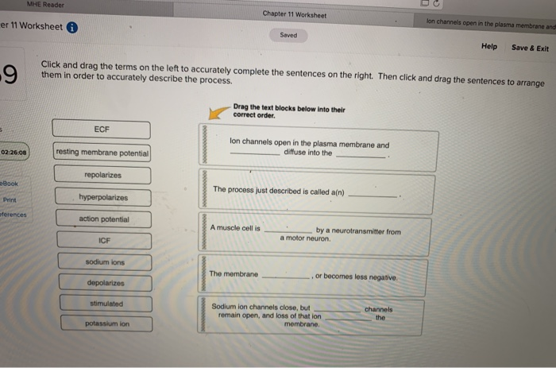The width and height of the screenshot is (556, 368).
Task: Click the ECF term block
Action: coord(101,129)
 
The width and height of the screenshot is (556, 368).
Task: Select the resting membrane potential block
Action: coord(102,151)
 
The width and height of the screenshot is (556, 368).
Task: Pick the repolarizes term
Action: coord(102,174)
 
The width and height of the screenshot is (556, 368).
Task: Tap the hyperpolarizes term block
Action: coord(103,196)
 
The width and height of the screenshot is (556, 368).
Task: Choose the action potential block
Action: coord(104,219)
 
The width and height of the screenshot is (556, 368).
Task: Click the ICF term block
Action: coord(104,239)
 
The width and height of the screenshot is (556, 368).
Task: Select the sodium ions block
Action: coord(106,261)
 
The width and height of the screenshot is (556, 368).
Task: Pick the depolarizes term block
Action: coord(106,283)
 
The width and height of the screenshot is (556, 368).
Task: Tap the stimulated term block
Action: coord(106,304)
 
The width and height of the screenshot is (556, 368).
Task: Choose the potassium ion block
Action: coord(107,323)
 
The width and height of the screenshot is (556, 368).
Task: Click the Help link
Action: coord(489,47)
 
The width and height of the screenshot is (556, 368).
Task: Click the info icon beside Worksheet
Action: coord(71,26)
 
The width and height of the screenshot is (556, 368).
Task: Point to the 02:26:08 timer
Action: coord(15,151)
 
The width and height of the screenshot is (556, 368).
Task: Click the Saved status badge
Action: coord(288,35)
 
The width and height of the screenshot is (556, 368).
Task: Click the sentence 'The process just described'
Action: coord(317,192)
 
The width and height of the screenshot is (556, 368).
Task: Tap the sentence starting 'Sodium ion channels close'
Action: coord(317,316)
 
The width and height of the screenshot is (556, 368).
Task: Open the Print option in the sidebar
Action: coord(10,199)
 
